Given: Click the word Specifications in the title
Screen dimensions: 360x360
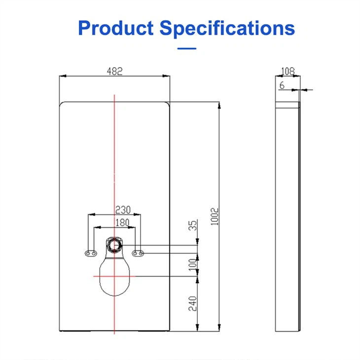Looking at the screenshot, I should (227, 28).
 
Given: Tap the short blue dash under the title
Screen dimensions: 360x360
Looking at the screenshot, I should (186, 48).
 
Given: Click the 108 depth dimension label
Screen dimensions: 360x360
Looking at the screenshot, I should (288, 71).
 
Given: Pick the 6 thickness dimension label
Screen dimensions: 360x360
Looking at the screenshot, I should (282, 85).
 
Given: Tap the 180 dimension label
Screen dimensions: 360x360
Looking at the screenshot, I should (122, 222).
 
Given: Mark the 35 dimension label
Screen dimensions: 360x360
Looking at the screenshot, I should (193, 226).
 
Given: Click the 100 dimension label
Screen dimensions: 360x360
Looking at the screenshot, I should (193, 264).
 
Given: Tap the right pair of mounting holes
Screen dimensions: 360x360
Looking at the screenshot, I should (138, 253).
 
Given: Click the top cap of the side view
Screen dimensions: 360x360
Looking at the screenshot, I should (288, 105).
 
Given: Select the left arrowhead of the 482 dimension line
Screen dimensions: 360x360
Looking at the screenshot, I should (61, 76).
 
